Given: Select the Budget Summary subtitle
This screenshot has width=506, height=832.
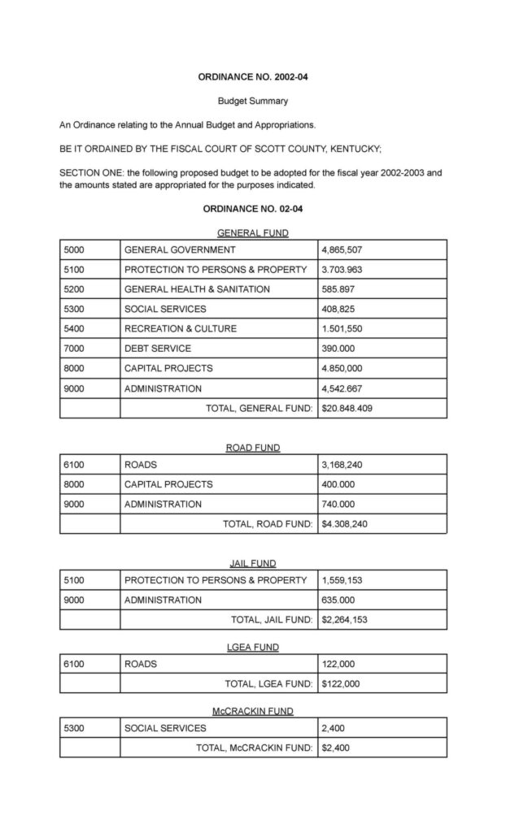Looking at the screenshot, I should tap(252, 102).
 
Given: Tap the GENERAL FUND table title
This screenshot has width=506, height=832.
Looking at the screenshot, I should tap(252, 232).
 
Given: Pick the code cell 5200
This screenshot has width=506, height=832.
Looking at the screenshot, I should tap(75, 289).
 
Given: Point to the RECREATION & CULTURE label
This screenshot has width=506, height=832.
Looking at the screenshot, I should tap(181, 329).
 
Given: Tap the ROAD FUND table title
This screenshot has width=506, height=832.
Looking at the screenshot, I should tap(252, 448).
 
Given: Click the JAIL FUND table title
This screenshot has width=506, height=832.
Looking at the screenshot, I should tap(252, 563).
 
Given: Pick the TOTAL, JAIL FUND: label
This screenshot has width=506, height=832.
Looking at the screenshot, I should tap(272, 620).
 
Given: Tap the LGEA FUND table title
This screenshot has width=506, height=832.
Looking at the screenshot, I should tap(252, 647).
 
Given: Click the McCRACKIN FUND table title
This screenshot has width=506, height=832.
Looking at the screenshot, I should tap(252, 711).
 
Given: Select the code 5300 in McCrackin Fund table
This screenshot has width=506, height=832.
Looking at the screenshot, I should tap(75, 728).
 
